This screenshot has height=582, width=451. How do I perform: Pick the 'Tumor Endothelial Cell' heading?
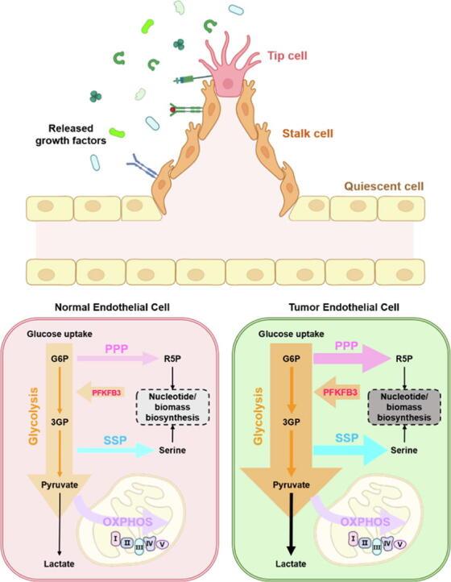point(337,306)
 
